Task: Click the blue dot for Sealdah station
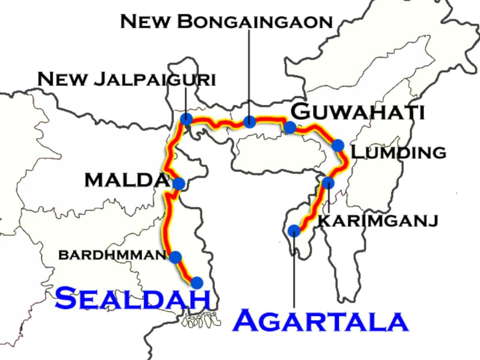tap(197, 283)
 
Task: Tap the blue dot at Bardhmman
tap(175, 257)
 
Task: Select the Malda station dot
tap(179, 184)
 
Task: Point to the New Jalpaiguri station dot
tap(186, 119)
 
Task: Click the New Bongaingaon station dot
tap(249, 121)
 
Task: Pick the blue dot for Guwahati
tap(290, 127)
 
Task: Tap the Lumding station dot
tap(338, 145)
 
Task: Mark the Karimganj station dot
tap(328, 183)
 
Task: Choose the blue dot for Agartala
tap(294, 231)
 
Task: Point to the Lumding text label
tap(398, 152)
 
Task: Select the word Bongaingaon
tap(255, 22)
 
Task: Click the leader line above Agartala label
tap(294, 272)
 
